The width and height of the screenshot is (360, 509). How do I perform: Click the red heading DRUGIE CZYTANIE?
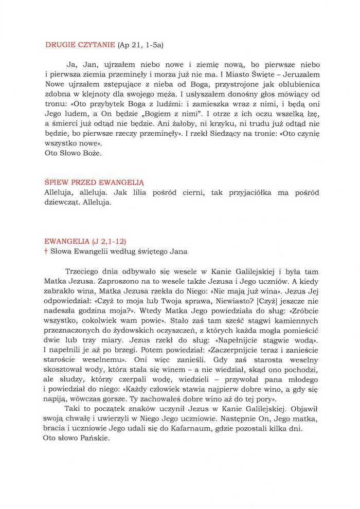point(80,45)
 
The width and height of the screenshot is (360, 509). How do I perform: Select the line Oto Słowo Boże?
point(73,153)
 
